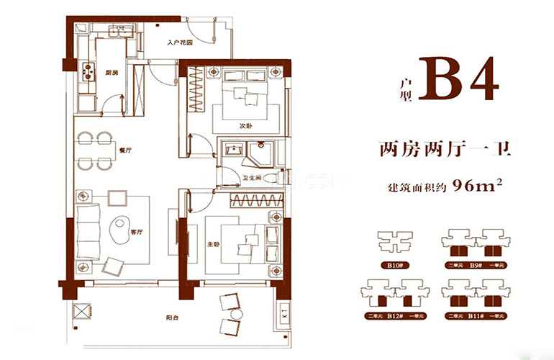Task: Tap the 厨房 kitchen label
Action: (112, 72)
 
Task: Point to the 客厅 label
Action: (135, 232)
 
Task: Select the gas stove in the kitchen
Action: (91, 71)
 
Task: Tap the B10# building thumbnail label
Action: (394, 266)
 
